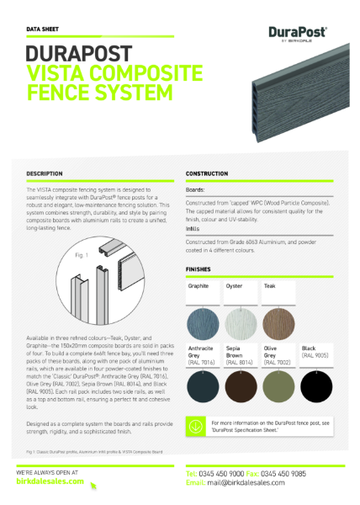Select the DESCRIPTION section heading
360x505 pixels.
click(x=45, y=173)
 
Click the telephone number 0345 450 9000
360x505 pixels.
click(x=228, y=474)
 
